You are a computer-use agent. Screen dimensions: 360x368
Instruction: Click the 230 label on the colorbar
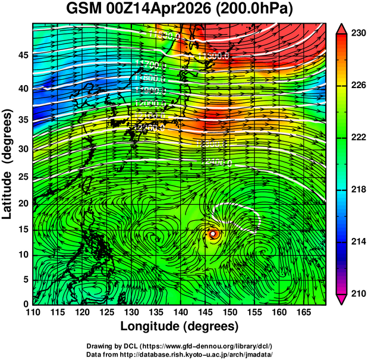pos(358,34)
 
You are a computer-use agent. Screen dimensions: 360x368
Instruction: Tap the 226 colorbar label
pos(358,86)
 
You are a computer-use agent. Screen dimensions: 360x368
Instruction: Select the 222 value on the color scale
pos(358,137)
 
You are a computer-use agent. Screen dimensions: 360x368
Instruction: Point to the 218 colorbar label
pos(358,189)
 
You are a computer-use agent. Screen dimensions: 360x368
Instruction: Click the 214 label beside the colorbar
pos(358,241)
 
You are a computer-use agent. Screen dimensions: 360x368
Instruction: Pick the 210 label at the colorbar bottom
pos(358,293)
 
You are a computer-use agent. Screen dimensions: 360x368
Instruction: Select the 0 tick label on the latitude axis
pos(25,304)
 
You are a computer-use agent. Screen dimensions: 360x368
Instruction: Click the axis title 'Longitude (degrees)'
pos(180,326)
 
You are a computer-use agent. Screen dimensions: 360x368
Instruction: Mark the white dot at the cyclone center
pos(213,234)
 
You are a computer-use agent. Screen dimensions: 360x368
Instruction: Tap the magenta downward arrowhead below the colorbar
pos(342,299)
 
